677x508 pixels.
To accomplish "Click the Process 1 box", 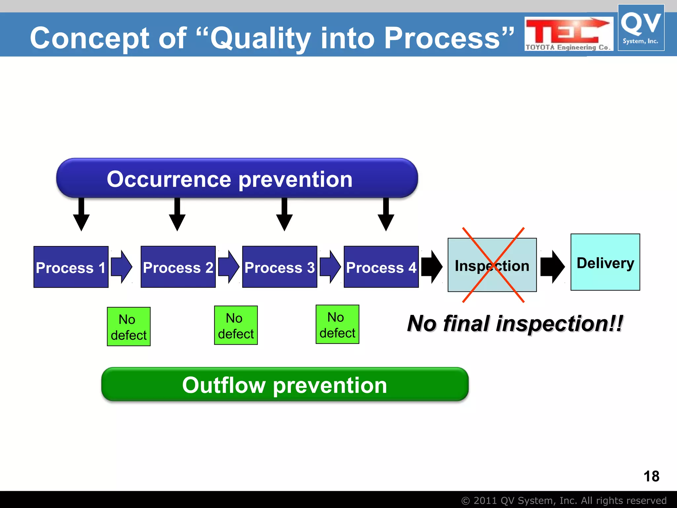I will pos(71,267).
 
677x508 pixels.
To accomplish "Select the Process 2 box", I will pos(178,267).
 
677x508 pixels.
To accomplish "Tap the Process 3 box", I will pos(279,267).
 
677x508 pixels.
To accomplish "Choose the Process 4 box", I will pos(381,267).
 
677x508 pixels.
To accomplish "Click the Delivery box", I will pos(605,262).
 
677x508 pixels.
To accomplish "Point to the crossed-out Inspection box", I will pos(492,265).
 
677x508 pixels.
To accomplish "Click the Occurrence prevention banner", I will pos(237,178).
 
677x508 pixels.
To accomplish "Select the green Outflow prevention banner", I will pos(285,385).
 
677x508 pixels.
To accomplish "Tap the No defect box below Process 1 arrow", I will pos(129,327).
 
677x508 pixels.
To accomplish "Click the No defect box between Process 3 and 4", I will pos(337,324).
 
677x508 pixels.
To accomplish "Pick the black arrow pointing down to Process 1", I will pos(81,215).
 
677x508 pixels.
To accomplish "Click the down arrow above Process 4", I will pos(386,215).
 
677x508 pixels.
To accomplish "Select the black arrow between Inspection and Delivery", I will pos(552,267).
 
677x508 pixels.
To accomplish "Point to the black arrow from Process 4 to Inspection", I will pos(432,267).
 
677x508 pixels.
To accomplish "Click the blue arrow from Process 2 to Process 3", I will pos(228,267).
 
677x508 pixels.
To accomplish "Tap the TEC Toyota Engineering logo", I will pos(568,34).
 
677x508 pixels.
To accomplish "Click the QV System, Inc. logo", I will pos(641,28).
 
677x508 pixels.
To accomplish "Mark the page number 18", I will pos(651,476).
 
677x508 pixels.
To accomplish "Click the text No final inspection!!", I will pos(515,323).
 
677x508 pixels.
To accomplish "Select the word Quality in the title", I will pos(260,39).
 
